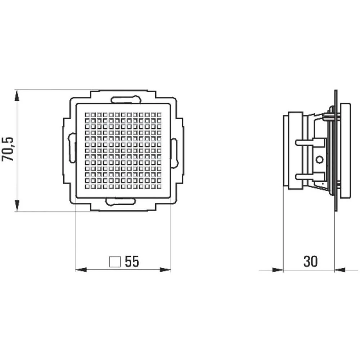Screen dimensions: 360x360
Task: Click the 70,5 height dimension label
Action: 8,149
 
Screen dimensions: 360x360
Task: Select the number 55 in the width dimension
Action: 132,262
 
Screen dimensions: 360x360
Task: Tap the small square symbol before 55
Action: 115,262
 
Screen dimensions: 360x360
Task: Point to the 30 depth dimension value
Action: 310,262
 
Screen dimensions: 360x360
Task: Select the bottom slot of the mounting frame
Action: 121,202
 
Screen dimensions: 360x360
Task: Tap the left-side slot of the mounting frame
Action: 72,148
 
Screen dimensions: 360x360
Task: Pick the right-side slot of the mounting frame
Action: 174,153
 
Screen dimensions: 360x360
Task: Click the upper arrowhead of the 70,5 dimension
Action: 17,95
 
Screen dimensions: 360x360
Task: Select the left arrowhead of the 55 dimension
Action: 81,270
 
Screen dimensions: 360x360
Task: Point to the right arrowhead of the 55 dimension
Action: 165,270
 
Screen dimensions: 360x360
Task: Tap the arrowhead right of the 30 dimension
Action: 340,270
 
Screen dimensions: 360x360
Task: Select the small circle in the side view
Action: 318,159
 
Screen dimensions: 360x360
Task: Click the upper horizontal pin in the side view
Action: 310,142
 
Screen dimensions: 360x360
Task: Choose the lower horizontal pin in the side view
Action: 310,176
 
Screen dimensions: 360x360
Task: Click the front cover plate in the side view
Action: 345,150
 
